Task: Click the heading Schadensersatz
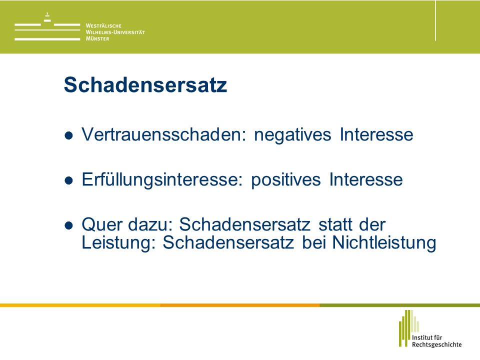pos(145,84)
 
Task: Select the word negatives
pos(292,135)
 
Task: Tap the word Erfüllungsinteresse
pos(162,179)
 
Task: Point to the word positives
pos(286,180)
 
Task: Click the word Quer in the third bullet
pos(102,224)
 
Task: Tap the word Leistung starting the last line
pos(119,243)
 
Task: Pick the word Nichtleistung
pos(384,243)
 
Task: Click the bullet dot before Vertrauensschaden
pos(69,135)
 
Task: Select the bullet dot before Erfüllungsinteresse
pos(69,180)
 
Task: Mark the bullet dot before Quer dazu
pos(69,225)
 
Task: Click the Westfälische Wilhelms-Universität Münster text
pos(115,32)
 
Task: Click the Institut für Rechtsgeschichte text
pos(436,341)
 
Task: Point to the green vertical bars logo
pos(409,328)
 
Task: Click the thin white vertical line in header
pos(435,21)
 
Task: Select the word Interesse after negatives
pos(376,134)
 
